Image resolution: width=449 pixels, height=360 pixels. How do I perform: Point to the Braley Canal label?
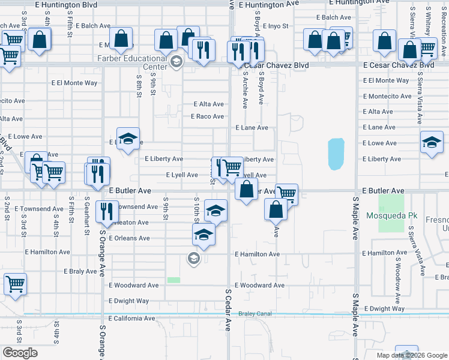[x=255, y=313]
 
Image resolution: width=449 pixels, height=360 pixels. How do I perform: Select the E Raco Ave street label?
[x=207, y=116]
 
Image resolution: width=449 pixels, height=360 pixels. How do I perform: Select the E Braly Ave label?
[x=80, y=271]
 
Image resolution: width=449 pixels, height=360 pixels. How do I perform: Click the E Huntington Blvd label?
[x=66, y=4]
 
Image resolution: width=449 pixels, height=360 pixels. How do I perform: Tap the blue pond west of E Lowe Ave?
[x=336, y=154]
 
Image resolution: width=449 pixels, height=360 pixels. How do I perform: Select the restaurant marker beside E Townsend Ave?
[x=107, y=212]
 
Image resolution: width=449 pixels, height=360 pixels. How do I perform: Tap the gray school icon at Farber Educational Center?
[x=176, y=62]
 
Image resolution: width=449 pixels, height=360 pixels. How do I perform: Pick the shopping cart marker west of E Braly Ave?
[x=15, y=284]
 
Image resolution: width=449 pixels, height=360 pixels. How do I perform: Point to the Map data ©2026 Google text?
[x=412, y=355]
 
